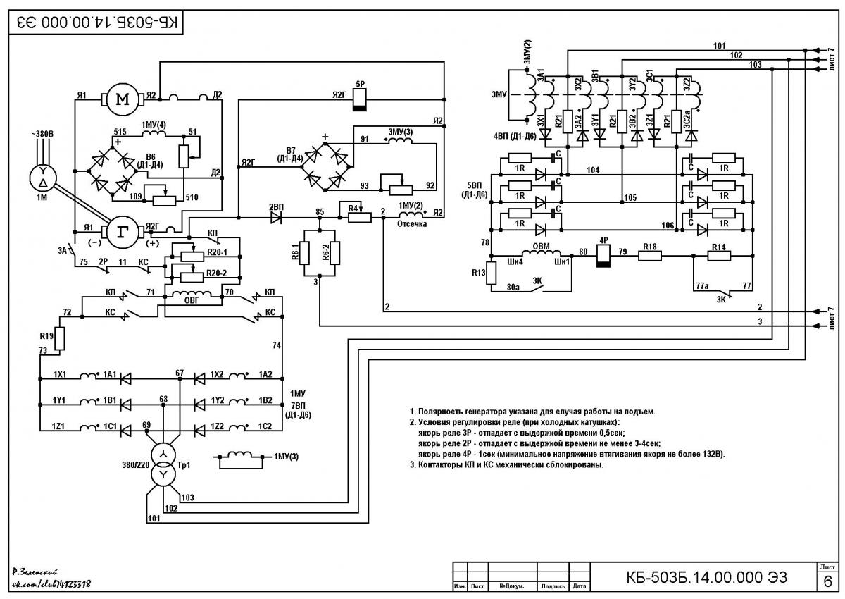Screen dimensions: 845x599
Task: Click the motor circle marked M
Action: pos(123,99)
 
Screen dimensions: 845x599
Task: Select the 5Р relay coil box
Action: pos(360,100)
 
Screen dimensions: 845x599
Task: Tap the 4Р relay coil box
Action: pos(603,256)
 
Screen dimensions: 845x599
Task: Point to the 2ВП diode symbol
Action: pos(276,218)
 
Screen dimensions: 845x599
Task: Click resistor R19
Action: pos(60,338)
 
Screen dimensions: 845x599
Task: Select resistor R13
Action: pos(492,273)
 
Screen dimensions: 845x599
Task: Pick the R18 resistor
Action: pos(649,256)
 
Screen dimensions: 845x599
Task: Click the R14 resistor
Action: pos(719,256)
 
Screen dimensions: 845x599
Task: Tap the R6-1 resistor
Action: pos(305,253)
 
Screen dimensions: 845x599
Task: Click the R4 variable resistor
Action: pos(360,218)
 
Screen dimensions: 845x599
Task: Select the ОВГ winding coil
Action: pos(192,294)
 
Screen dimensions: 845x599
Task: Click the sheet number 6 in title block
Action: pos(827,581)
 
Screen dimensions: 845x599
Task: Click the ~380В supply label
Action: pos(42,134)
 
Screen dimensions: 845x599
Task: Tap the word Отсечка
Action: pos(412,224)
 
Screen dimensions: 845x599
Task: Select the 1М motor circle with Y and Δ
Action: pos(43,178)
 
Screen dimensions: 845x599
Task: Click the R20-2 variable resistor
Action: pos(192,278)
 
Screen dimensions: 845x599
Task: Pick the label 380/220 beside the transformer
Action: pos(136,465)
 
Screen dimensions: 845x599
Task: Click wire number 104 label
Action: pos(593,171)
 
